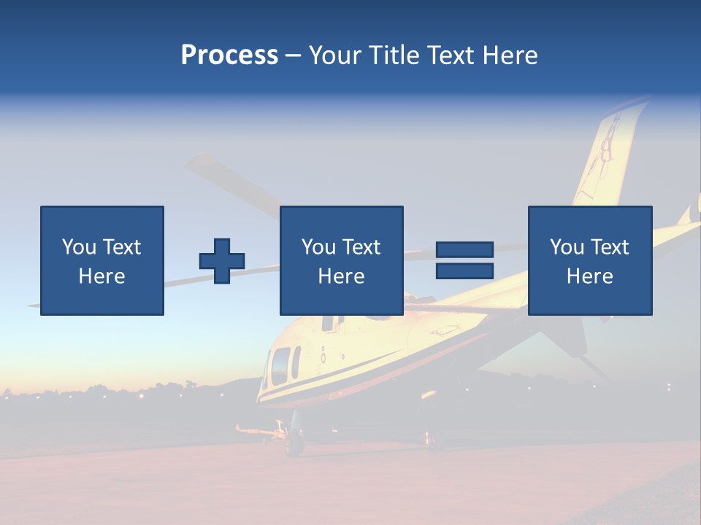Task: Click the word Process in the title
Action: tap(229, 55)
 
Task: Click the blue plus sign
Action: tap(222, 261)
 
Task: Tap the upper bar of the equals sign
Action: tap(464, 249)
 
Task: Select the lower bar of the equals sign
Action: tap(464, 271)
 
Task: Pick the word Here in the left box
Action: tap(101, 276)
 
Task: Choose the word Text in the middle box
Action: tap(361, 247)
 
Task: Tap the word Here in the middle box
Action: tap(341, 276)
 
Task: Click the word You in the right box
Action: tap(567, 247)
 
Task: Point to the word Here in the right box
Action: tap(589, 276)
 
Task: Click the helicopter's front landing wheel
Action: tap(294, 442)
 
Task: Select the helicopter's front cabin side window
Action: tap(280, 365)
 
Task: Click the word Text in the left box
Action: tap(121, 247)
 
